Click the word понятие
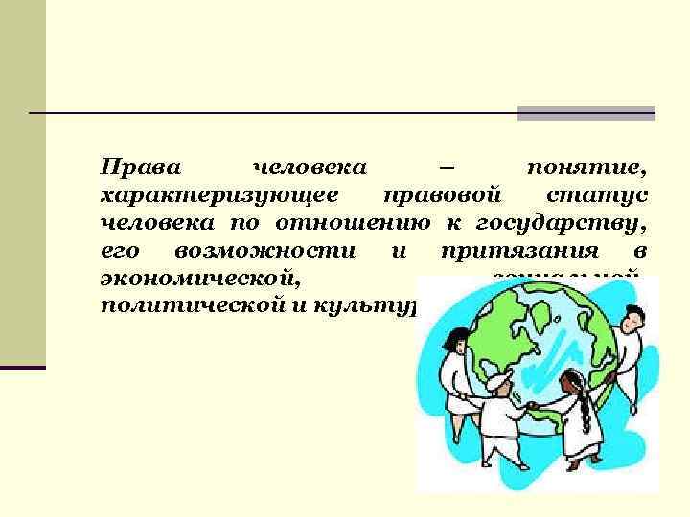pos(586,169)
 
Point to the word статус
pos(596,197)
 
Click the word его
pos(118,253)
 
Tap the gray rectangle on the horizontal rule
pos(586,113)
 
